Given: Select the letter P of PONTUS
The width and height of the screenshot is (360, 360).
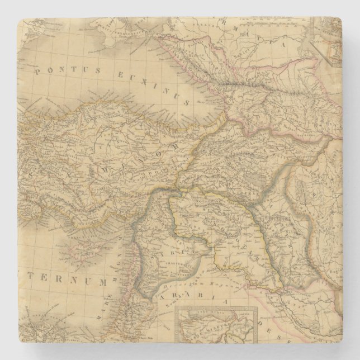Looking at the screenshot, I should [37, 70].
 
